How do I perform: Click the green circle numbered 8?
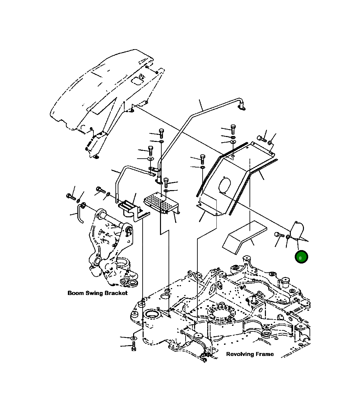click(301, 257)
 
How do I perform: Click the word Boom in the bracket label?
click(76, 293)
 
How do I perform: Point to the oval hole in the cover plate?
click(225, 185)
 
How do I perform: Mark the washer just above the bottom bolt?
click(133, 338)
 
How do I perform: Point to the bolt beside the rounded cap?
click(278, 234)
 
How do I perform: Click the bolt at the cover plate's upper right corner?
click(262, 139)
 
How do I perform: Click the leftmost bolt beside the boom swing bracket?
click(70, 197)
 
